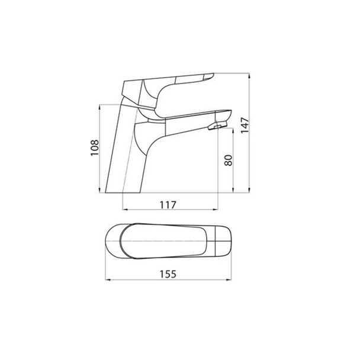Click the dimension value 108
(x=95, y=148)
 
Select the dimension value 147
(x=245, y=125)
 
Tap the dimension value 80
(x=228, y=160)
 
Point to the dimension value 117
(x=168, y=205)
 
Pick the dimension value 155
(x=168, y=274)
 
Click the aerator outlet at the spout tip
(x=217, y=126)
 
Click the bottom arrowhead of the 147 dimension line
(x=249, y=190)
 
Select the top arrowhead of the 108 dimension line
(x=99, y=107)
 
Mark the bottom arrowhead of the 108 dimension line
(x=99, y=190)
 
